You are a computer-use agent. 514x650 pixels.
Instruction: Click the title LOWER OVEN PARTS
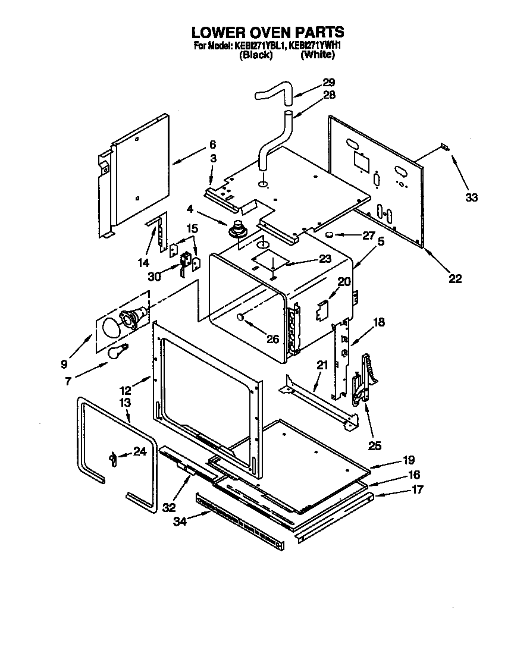pyautogui.click(x=268, y=32)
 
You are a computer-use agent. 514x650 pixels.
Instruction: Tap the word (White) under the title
pyautogui.click(x=318, y=55)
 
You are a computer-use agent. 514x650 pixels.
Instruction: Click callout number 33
pyautogui.click(x=471, y=198)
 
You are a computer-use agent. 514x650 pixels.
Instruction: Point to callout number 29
pyautogui.click(x=328, y=82)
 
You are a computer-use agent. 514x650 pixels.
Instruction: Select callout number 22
pyautogui.click(x=455, y=278)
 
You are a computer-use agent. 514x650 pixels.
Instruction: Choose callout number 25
pyautogui.click(x=375, y=444)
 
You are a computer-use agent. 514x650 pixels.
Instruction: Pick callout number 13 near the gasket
pyautogui.click(x=125, y=403)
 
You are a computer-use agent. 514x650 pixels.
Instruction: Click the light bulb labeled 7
pyautogui.click(x=116, y=352)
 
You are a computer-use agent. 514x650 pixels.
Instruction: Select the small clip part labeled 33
pyautogui.click(x=445, y=147)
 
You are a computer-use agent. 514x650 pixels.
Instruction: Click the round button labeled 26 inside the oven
pyautogui.click(x=241, y=317)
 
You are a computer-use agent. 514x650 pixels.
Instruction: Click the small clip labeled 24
pyautogui.click(x=112, y=456)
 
